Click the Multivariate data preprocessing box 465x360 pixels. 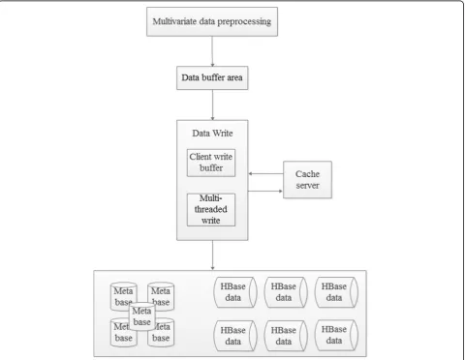tap(212, 21)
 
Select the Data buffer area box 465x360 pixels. tap(212, 77)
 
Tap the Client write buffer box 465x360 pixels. tap(211, 163)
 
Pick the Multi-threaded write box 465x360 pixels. tap(211, 210)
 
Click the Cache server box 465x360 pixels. tap(307, 180)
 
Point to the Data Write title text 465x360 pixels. tap(212, 134)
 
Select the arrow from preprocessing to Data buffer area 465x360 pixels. tap(212, 51)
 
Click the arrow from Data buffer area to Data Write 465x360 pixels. tap(212, 105)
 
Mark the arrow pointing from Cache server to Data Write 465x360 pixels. tap(265, 174)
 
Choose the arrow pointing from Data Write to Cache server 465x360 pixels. tap(265, 191)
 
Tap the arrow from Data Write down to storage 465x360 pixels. tap(212, 255)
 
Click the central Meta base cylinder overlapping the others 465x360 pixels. tap(141, 316)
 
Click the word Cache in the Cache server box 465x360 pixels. tap(307, 174)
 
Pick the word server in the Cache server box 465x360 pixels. tap(307, 186)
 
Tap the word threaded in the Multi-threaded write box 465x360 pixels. tap(210, 209)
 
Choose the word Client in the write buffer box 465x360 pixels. tap(201, 157)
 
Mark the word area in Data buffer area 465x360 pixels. tap(234, 78)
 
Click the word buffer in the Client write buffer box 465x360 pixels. tap(211, 167)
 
